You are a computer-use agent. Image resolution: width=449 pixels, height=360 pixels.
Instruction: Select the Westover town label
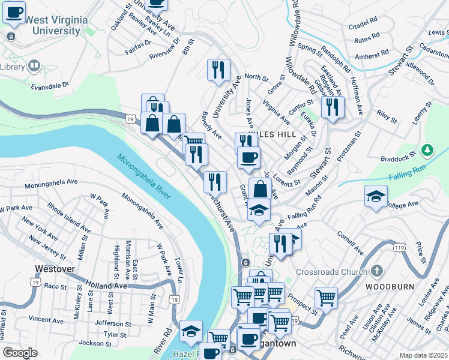tap(55, 269)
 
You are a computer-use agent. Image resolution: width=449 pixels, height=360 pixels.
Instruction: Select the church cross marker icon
tap(376, 271)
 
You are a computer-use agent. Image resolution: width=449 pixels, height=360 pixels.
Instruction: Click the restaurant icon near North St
tap(218, 70)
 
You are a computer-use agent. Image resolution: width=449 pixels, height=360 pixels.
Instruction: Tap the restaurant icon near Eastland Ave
tap(331, 107)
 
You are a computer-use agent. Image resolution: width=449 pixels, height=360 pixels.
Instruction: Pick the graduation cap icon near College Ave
tap(376, 196)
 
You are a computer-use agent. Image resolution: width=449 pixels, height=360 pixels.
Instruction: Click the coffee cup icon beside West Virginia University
tap(14, 12)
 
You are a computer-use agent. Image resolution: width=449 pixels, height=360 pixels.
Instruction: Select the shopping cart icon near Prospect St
tap(326, 297)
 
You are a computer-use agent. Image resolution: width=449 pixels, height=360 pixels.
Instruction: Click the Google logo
tap(20, 353)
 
